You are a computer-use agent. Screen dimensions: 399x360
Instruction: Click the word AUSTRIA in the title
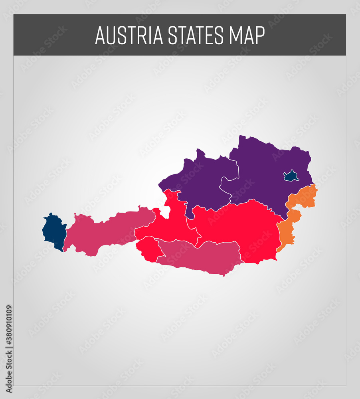(x=129, y=36)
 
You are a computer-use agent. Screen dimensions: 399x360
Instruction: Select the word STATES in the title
(x=196, y=36)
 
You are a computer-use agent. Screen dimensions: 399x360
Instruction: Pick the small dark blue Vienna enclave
(x=291, y=176)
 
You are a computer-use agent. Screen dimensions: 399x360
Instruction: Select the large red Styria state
(x=239, y=227)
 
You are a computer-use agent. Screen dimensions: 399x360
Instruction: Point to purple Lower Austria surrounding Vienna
(x=263, y=168)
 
